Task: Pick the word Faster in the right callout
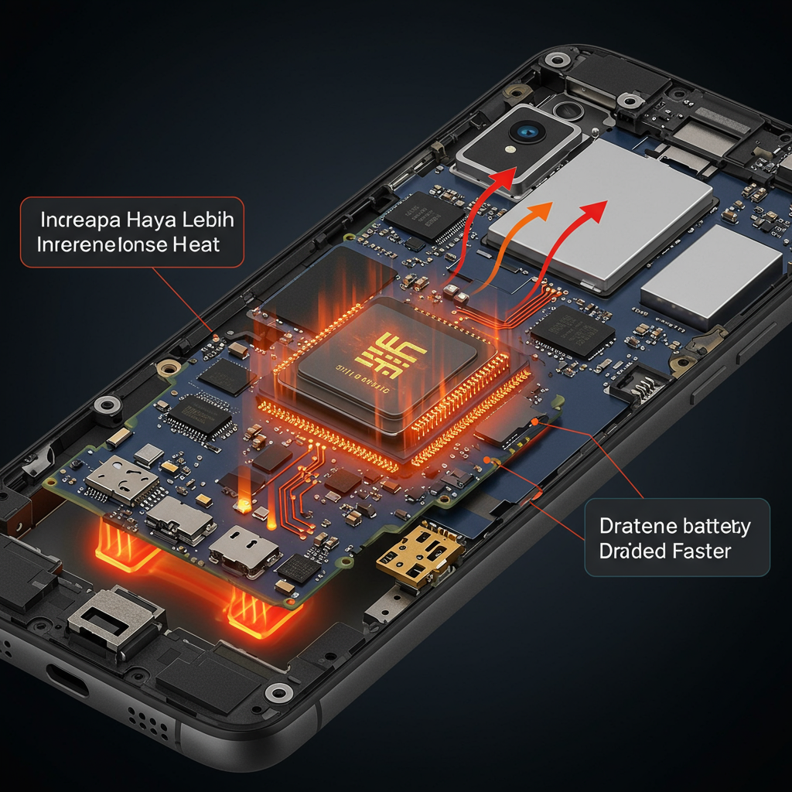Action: pyautogui.click(x=695, y=551)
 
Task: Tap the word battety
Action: pyautogui.click(x=705, y=527)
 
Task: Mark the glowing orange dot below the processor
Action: pyautogui.click(x=244, y=507)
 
